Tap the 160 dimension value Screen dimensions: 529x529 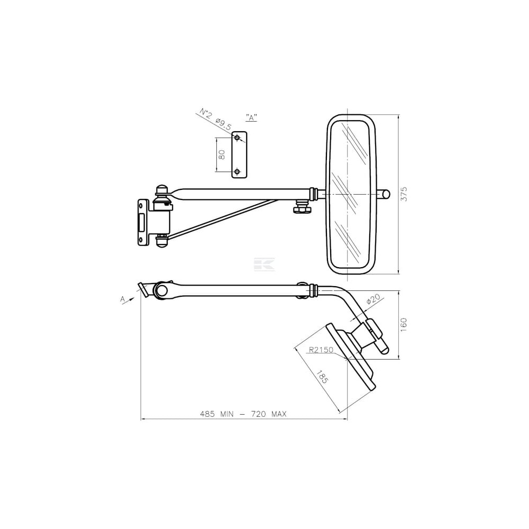coord(404,325)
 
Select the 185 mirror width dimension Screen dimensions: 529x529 coord(322,376)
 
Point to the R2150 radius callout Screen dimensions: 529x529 coord(321,350)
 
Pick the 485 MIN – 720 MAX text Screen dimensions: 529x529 coord(243,414)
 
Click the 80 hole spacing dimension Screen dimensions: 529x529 coord(222,154)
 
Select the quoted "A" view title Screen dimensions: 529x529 coord(251,118)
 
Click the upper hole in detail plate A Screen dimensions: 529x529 coord(237,138)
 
